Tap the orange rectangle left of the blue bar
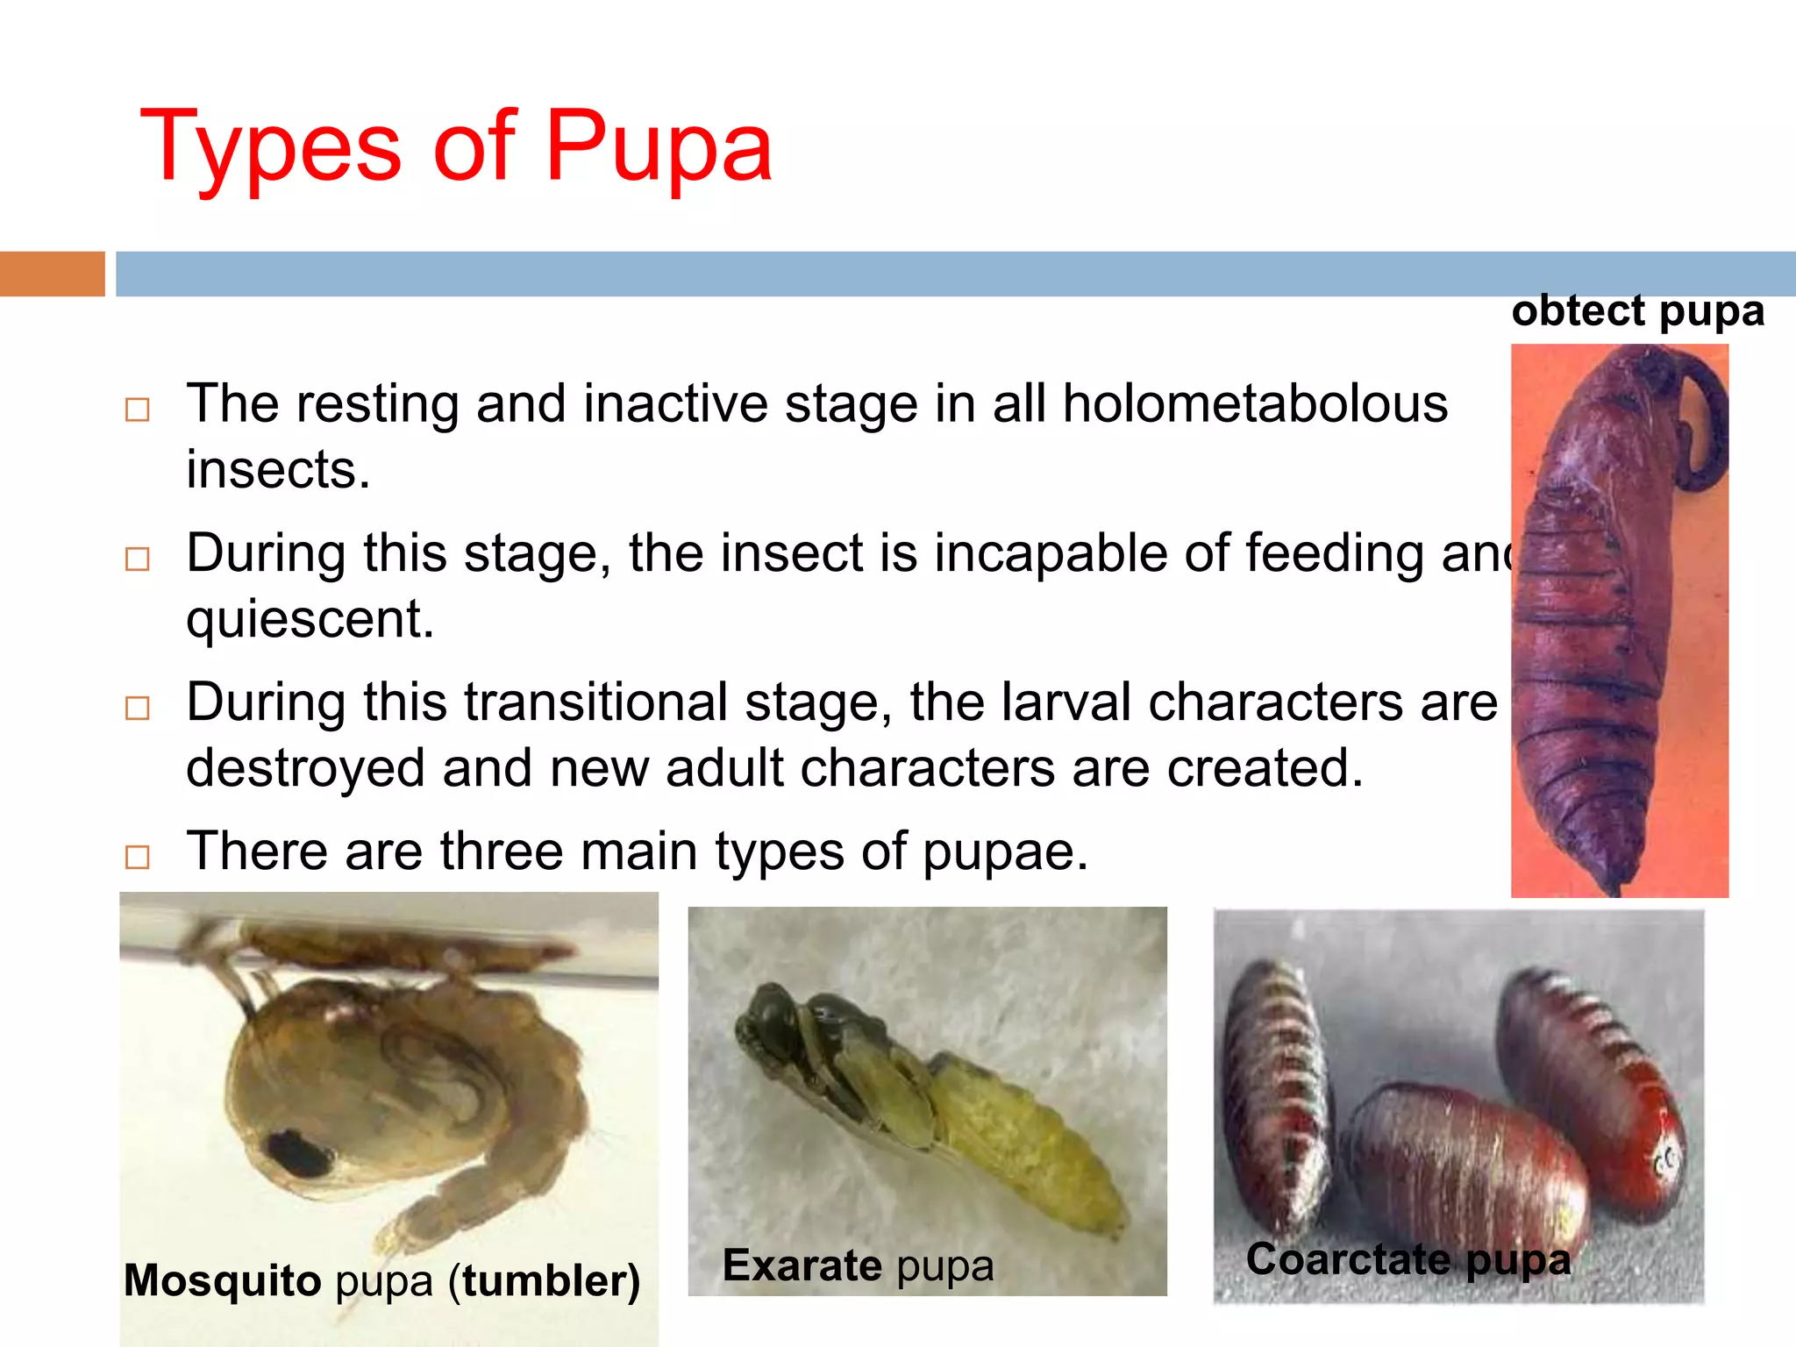coord(52,274)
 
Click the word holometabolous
coord(1255,404)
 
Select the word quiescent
coord(310,619)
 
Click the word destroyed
coord(306,768)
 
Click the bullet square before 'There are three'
coord(138,857)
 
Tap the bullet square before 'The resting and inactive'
coord(138,410)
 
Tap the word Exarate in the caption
coord(802,1265)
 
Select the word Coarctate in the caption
coord(1349,1260)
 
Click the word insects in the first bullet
coord(277,470)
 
